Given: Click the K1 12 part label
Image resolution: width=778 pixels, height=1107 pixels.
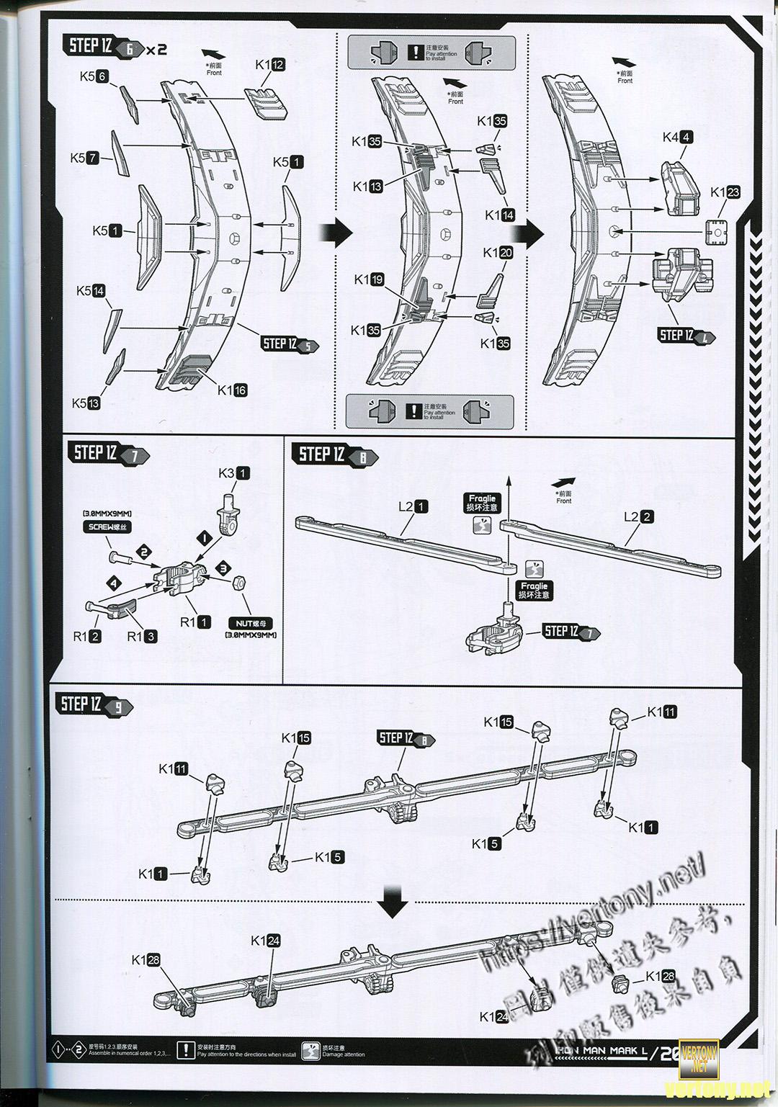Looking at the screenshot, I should tap(270, 65).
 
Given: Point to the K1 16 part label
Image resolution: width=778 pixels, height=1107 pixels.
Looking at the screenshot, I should tap(232, 390).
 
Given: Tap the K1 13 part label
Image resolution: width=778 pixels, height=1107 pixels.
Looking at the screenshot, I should tap(367, 187).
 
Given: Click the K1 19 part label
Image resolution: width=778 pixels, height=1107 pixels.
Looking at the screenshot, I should tap(369, 280).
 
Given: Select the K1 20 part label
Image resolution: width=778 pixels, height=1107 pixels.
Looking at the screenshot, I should tap(498, 253).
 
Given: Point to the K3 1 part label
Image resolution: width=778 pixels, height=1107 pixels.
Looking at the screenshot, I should tap(234, 473).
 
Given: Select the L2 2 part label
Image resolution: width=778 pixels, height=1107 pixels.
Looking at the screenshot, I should tap(639, 516).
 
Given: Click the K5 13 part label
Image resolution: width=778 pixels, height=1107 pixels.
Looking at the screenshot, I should tap(86, 403).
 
